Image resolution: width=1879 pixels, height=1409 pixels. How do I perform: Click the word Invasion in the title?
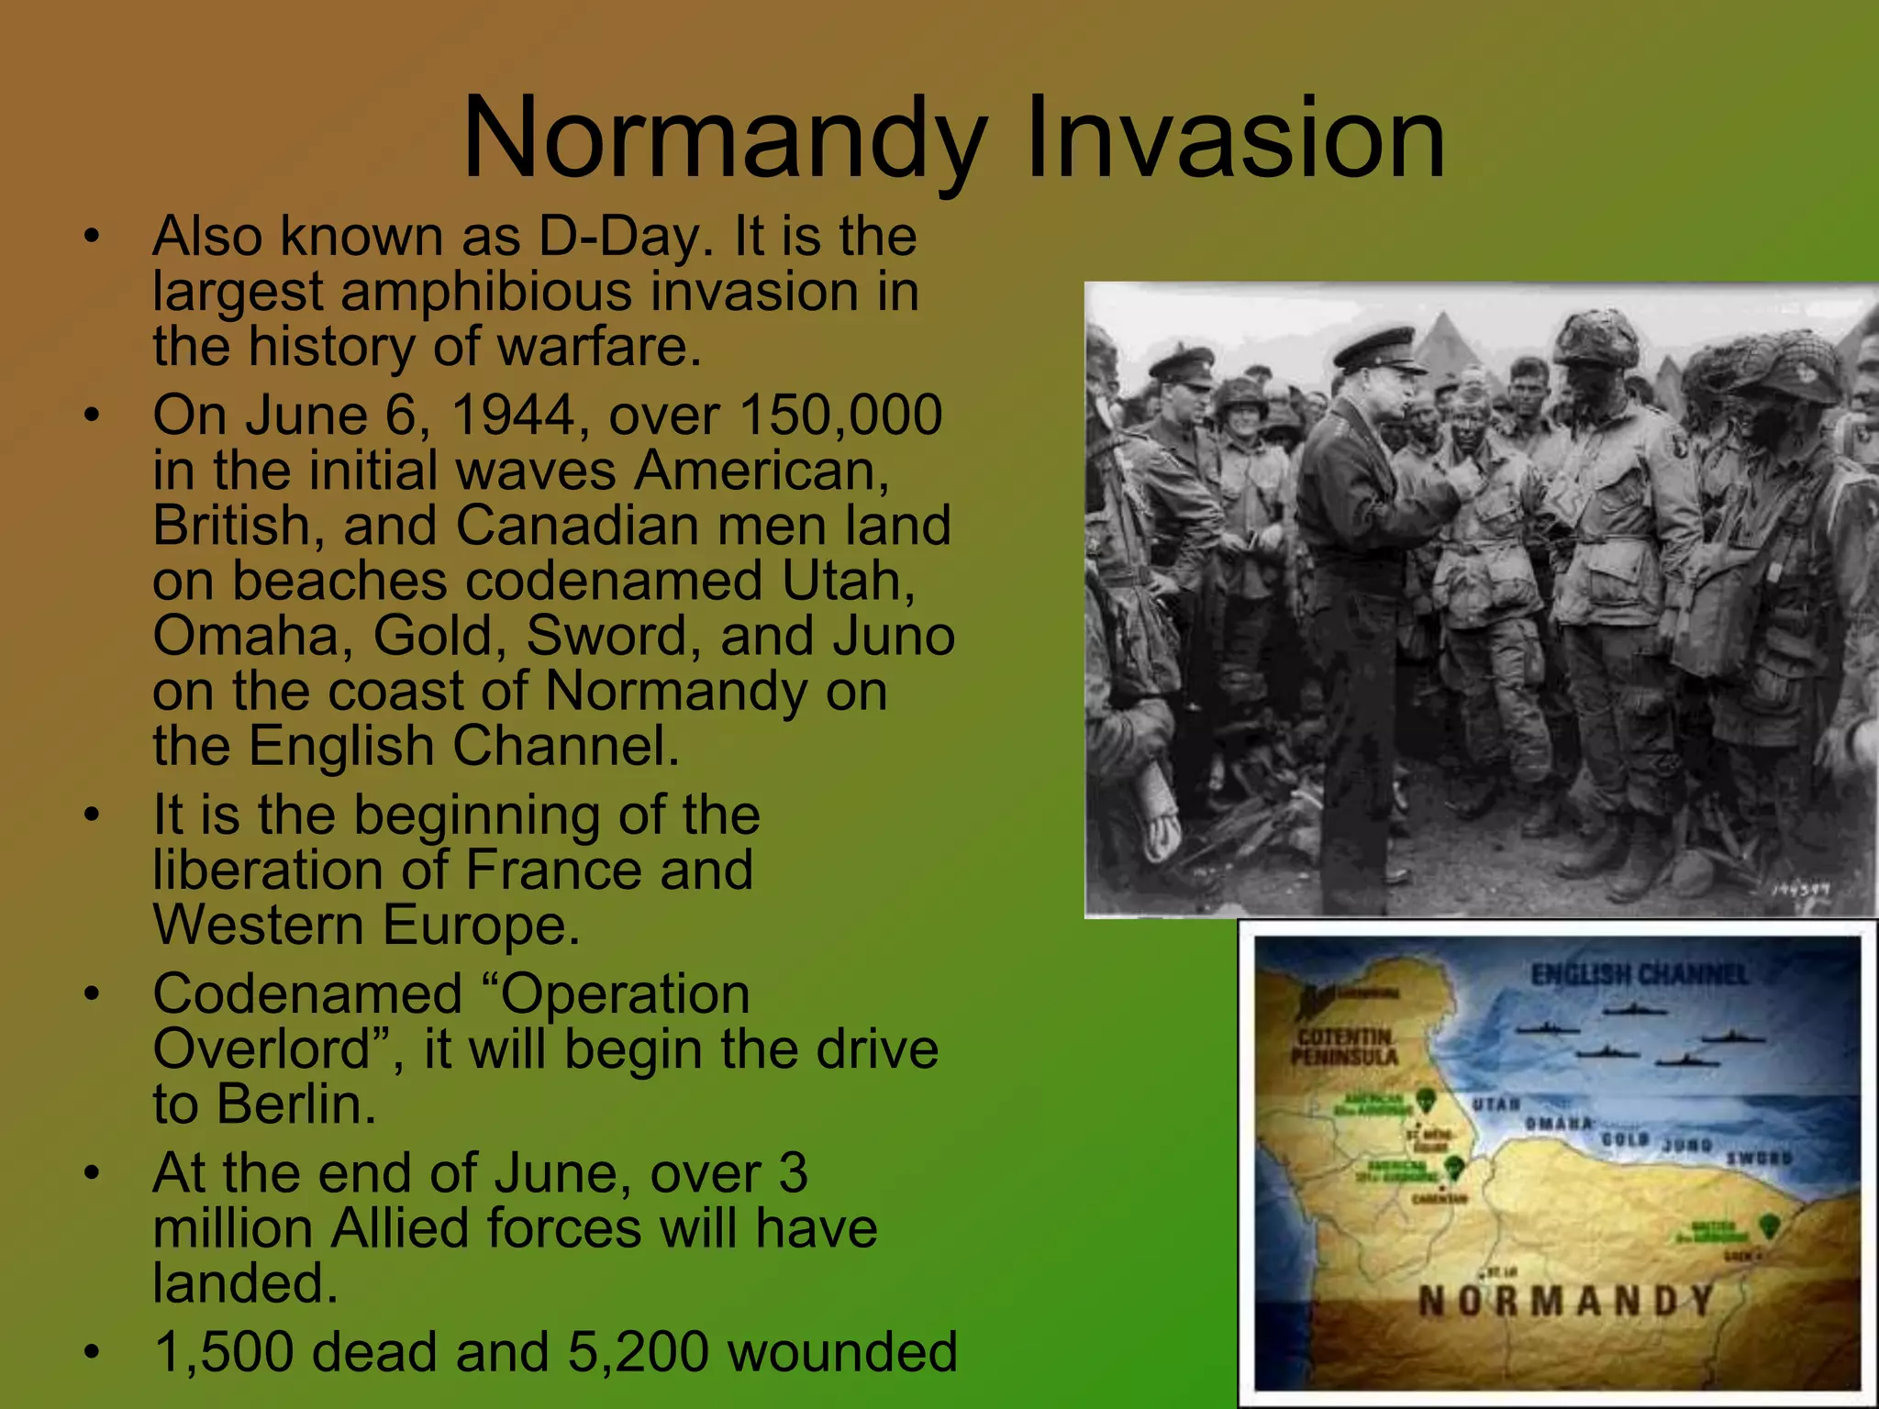pos(1234,139)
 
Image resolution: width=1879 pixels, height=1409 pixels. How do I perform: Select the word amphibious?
pos(486,292)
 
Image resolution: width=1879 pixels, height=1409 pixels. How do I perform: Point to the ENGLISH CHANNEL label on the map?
pos(1639,974)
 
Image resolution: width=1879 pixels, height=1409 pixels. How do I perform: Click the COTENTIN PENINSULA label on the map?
pos(1344,1047)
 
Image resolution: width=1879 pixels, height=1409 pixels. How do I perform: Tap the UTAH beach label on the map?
pos(1496,1104)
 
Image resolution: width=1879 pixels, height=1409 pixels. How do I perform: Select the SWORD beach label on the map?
pos(1759,1159)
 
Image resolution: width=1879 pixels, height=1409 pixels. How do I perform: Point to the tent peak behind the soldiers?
pos(1448,321)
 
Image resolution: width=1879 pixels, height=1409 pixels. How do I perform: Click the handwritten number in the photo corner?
pos(1800,889)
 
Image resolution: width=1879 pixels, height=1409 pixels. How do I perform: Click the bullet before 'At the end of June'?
pos(90,1174)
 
